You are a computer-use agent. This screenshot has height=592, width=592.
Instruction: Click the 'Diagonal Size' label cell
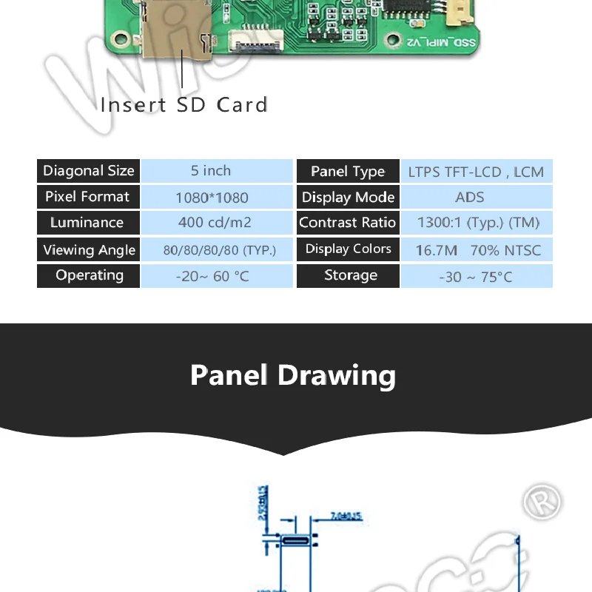(x=89, y=171)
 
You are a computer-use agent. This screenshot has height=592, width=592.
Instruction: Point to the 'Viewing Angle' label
(x=89, y=249)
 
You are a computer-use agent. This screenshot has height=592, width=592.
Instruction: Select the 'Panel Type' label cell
(x=348, y=172)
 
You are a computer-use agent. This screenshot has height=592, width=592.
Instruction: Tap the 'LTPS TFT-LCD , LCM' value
(x=476, y=172)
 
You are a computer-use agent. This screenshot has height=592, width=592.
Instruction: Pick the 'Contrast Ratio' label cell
(x=348, y=223)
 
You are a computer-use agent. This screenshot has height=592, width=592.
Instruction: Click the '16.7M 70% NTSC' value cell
(x=476, y=250)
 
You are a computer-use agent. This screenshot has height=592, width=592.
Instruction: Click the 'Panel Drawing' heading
(x=293, y=375)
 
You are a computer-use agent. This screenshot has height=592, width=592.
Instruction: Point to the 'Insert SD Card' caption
(x=184, y=105)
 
